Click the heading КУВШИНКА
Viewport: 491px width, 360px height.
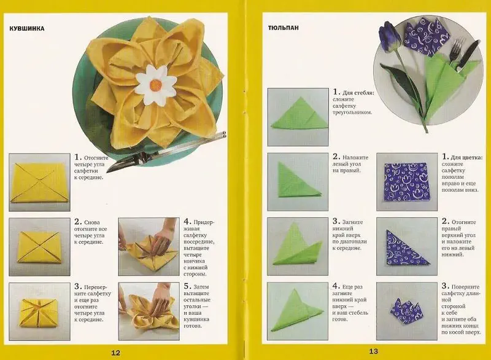27,28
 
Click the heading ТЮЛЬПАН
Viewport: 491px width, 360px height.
284,28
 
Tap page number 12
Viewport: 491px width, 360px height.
115,353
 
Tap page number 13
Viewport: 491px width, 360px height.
373,351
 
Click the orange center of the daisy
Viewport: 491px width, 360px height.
156,85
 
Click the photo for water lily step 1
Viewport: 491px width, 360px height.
39,182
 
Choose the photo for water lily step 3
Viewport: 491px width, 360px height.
39,311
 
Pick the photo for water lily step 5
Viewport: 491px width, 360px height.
149,311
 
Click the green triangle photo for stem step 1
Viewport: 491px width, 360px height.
298,117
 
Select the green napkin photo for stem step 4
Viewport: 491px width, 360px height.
298,311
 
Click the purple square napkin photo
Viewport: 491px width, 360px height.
407,182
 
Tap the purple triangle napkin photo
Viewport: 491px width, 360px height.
407,246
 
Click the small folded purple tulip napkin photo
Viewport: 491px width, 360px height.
407,311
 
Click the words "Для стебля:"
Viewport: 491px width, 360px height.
358,93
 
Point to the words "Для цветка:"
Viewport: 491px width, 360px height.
466,158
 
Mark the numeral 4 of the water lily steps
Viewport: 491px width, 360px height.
187,222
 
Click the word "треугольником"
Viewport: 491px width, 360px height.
352,112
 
